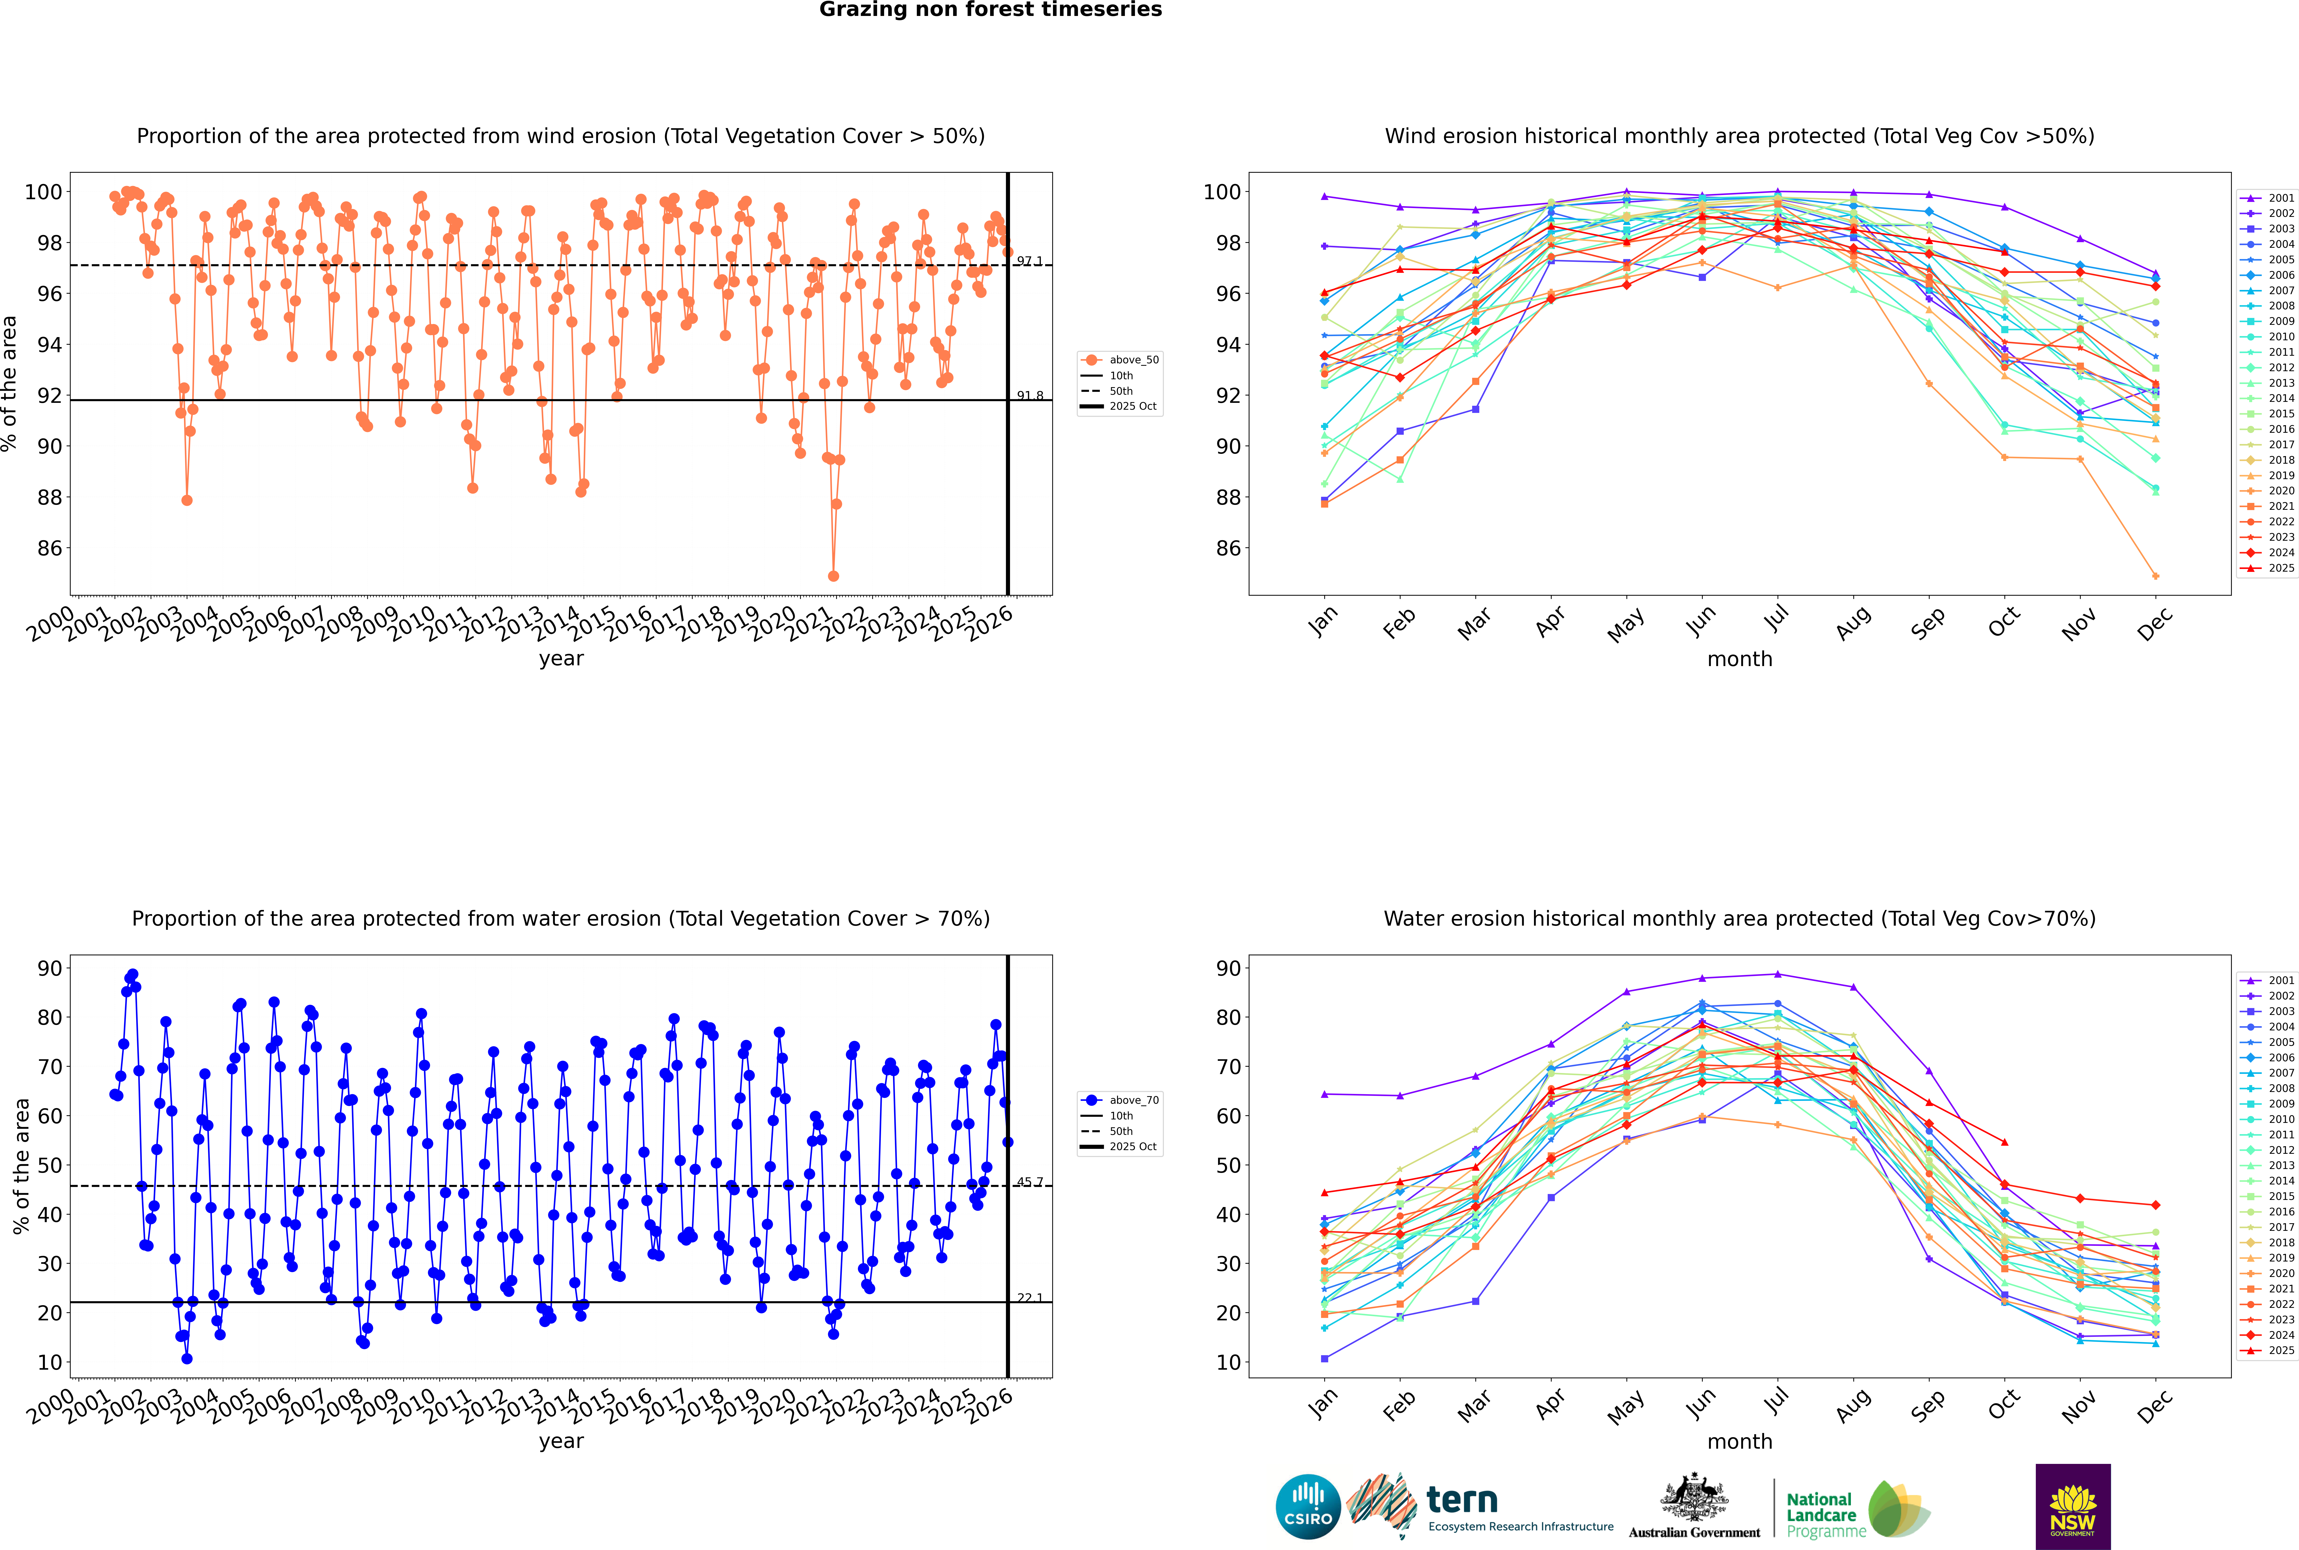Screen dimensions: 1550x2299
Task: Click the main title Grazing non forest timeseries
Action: coord(990,10)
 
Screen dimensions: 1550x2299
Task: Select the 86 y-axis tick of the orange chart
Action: coord(49,549)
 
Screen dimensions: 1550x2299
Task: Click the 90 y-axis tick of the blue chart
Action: coord(49,969)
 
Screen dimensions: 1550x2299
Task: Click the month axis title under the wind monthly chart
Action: coord(1740,659)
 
